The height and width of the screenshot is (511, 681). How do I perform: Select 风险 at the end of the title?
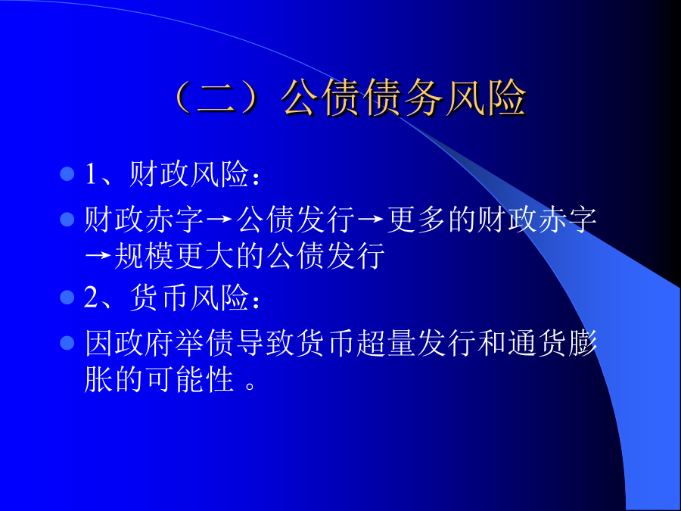point(486,98)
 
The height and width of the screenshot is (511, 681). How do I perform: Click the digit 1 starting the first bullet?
point(91,175)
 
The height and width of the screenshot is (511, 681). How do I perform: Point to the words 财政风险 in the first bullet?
point(189,175)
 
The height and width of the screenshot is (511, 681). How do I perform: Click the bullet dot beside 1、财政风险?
point(67,174)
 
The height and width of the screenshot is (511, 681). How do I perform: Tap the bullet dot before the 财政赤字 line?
point(67,219)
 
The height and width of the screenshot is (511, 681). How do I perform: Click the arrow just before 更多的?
point(371,220)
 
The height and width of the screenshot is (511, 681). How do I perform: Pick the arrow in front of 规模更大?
point(98,257)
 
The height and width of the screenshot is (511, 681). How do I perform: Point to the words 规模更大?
point(174,256)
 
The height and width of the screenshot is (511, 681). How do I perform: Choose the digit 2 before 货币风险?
point(92,298)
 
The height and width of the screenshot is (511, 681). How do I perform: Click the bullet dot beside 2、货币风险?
point(67,298)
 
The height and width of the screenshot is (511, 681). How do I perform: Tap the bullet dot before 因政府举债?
point(67,343)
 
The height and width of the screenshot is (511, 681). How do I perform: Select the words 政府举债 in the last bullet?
point(174,343)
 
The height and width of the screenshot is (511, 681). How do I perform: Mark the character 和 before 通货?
point(491,343)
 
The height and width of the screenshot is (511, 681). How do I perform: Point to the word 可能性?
point(189,379)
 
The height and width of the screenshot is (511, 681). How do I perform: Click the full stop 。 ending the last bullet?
point(250,385)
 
